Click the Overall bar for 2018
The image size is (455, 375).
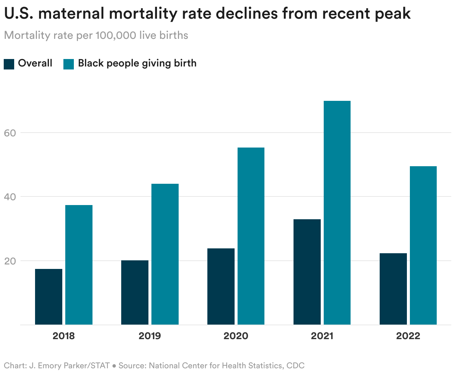click(48, 297)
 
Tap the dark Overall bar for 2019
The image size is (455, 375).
click(135, 292)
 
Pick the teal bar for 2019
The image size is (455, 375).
click(165, 254)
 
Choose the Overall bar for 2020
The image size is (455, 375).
click(221, 286)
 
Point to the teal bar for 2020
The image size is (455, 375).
click(251, 236)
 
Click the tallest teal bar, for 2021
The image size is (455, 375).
click(337, 213)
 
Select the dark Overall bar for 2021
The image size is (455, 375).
click(307, 272)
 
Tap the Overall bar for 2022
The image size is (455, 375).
click(393, 289)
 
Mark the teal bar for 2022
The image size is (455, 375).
click(423, 245)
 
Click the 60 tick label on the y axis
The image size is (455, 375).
click(11, 133)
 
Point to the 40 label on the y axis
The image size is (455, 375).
click(11, 196)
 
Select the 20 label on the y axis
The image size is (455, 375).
click(11, 261)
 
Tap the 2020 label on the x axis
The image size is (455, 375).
click(236, 336)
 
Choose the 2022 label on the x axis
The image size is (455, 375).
click(408, 336)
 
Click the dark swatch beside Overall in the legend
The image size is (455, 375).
click(9, 63)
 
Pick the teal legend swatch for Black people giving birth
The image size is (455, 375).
click(69, 63)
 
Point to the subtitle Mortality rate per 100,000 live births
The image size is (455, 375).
click(96, 35)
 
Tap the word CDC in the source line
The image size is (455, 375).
click(295, 365)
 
